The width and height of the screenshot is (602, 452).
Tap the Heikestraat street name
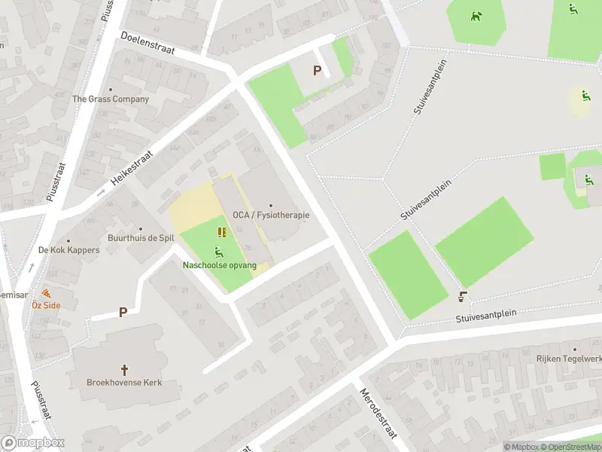click(x=132, y=171)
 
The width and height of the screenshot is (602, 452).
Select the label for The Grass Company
click(x=111, y=99)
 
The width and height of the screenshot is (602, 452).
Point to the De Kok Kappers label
click(x=68, y=250)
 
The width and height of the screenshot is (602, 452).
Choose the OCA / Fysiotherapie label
click(x=271, y=215)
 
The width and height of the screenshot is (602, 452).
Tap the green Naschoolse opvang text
click(x=220, y=265)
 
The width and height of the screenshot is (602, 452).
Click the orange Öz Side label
click(x=46, y=305)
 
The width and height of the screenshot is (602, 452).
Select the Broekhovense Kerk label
click(x=125, y=383)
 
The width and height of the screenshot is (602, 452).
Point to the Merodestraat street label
click(x=378, y=414)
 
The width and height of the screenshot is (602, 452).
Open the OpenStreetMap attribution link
click(x=570, y=447)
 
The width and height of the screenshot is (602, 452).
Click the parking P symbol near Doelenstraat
click(x=318, y=71)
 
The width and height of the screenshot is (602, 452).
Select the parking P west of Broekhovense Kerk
click(x=122, y=311)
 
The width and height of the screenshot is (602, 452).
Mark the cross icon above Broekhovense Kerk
click(x=125, y=370)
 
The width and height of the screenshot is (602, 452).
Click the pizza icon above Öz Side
click(x=46, y=293)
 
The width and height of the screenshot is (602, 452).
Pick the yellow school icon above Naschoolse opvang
click(x=222, y=232)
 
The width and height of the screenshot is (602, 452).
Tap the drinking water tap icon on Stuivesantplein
click(x=462, y=297)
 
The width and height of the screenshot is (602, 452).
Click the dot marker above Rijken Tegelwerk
click(x=574, y=350)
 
